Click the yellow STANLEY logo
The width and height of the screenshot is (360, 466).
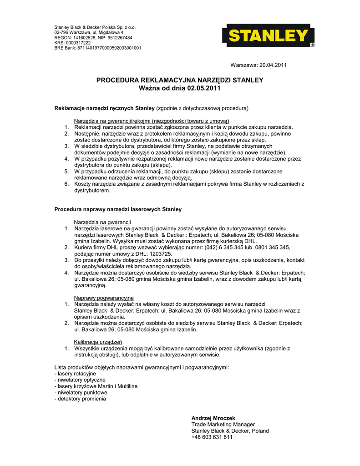pos(268,36)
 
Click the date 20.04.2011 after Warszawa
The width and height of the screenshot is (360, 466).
pos(273,66)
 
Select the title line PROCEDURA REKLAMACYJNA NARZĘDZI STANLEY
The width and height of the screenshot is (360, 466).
pos(180,80)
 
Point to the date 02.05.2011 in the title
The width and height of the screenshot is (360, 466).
pos(203,88)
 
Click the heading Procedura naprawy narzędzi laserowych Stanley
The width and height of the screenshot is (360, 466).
pos(118,209)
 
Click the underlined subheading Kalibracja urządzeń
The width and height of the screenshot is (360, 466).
pos(98,342)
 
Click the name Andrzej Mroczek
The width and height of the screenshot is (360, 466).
pos(213,418)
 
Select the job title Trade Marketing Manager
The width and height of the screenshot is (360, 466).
pos(223,424)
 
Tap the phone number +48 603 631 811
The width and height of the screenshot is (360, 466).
pos(212,437)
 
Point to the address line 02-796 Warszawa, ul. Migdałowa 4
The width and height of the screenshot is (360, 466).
pos(89,33)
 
